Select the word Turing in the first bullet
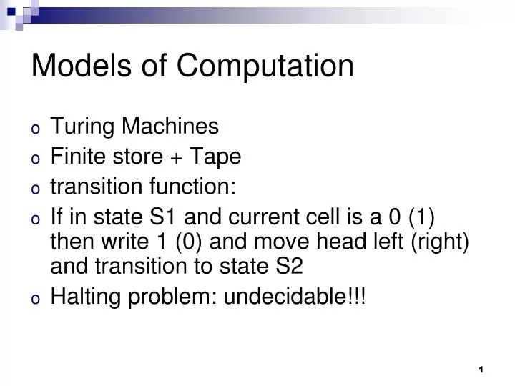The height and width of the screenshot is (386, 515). (78, 127)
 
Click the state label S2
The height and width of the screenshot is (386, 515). (288, 266)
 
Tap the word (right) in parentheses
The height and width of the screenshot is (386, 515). (440, 242)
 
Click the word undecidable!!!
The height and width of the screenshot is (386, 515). (295, 296)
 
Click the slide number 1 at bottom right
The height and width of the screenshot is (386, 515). (481, 369)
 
